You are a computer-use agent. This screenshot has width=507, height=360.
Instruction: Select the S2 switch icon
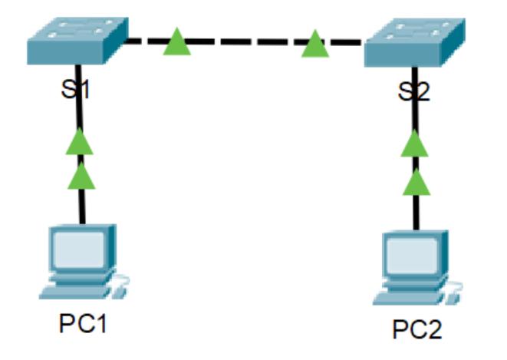(415, 45)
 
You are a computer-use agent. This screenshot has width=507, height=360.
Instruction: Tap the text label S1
(77, 91)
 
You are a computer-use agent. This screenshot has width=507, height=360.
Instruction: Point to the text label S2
(415, 93)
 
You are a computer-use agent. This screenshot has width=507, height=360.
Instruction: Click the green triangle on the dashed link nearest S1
(176, 43)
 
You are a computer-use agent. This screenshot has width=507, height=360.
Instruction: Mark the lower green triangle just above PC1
(81, 177)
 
